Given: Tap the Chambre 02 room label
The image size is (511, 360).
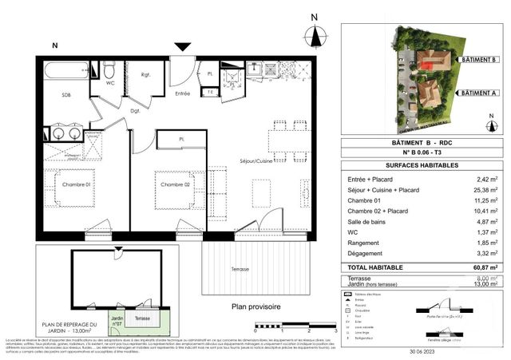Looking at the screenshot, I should click(174, 185).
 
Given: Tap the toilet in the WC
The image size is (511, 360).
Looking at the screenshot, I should click(109, 72).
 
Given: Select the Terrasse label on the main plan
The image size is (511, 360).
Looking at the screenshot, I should click(240, 269).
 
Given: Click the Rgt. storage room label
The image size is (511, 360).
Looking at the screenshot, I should click(146, 77).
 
